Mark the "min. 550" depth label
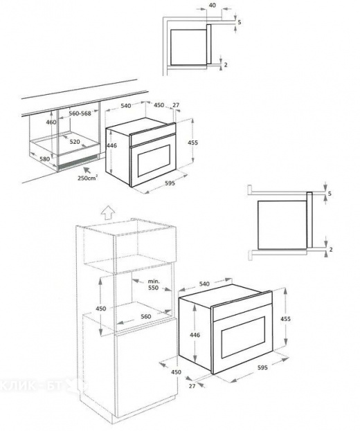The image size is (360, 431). pos(153,285)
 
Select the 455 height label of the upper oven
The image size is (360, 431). pos(193,143)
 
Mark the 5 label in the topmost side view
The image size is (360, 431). pos(239,22)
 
